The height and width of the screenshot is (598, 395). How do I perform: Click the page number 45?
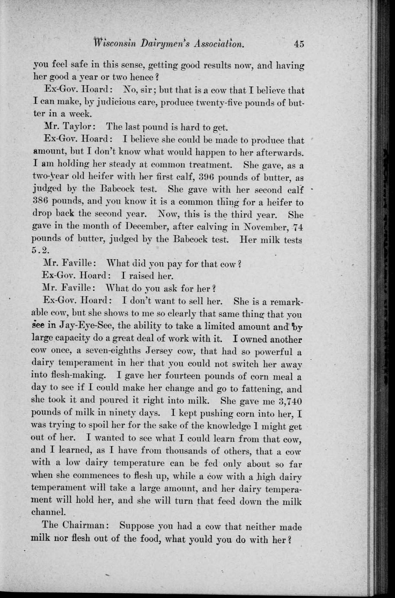[299, 43]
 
